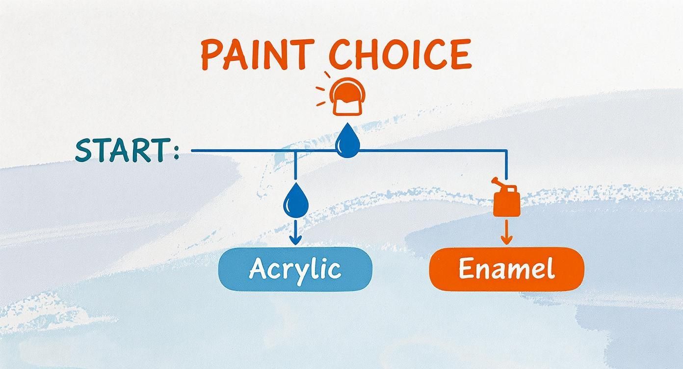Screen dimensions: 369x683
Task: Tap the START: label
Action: pos(127,150)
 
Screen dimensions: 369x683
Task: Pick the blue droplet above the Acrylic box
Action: pos(295,199)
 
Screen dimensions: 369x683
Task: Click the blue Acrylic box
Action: pos(295,269)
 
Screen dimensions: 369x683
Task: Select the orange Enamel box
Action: pos(506,269)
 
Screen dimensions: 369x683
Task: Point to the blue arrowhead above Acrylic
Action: pos(295,240)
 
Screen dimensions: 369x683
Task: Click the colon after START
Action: pos(176,152)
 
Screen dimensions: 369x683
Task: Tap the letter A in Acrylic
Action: pos(259,268)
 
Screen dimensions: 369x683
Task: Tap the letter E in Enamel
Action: pos(466,269)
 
